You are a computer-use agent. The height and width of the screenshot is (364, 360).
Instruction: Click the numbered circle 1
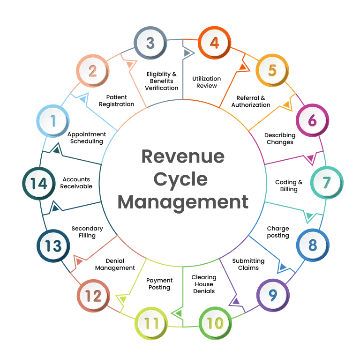(x=53, y=121)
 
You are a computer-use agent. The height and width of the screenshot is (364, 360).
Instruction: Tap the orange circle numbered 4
(x=214, y=43)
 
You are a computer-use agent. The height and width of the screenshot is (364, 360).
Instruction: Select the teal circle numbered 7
(x=327, y=183)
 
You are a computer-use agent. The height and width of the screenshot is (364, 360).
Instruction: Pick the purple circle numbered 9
(x=273, y=295)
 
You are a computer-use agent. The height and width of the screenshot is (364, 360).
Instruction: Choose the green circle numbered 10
(x=215, y=323)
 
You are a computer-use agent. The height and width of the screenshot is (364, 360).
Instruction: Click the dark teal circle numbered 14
(x=39, y=183)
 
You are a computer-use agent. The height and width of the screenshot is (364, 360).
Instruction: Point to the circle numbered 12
(x=93, y=296)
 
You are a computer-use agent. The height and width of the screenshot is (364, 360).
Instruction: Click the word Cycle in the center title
(x=180, y=180)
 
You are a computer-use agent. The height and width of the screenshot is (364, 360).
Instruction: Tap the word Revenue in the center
(x=183, y=156)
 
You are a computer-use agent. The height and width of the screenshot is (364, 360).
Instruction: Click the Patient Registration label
(x=116, y=101)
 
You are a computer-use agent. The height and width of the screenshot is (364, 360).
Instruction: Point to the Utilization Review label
(x=206, y=82)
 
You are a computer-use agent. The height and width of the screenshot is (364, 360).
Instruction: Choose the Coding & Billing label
(x=289, y=186)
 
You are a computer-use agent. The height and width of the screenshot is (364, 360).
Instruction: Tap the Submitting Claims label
(x=248, y=264)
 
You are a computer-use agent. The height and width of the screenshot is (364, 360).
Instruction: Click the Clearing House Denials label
(x=204, y=284)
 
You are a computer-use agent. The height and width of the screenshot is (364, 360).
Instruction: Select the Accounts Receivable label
(x=76, y=183)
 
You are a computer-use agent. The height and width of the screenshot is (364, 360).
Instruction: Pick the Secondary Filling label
(x=87, y=232)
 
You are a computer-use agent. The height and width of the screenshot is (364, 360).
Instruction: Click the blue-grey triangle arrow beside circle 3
(x=187, y=53)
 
